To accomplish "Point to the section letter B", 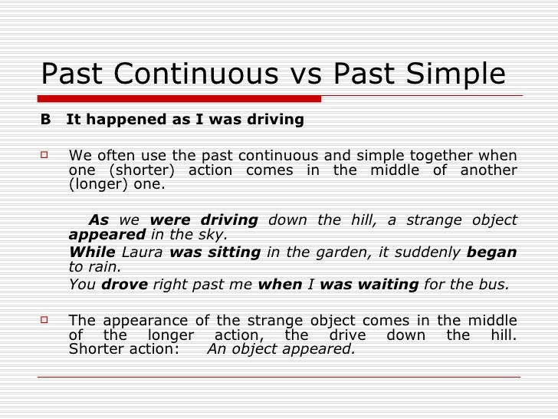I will click(x=45, y=120).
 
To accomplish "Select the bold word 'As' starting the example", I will click(x=99, y=219).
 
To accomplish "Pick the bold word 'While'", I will click(x=92, y=252).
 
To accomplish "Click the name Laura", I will click(x=143, y=252).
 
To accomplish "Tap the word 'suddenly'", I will click(x=435, y=252).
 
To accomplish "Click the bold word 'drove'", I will click(x=125, y=284).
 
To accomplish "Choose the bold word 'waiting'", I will click(x=386, y=284).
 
